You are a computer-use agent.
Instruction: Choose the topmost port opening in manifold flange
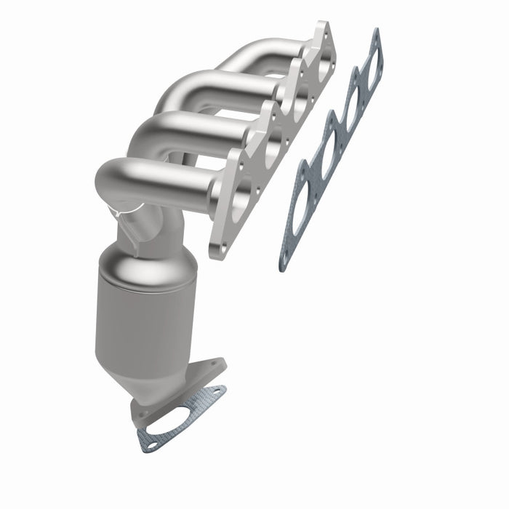click(x=320, y=62)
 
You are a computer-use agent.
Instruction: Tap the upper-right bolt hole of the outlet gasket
click(x=217, y=393)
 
